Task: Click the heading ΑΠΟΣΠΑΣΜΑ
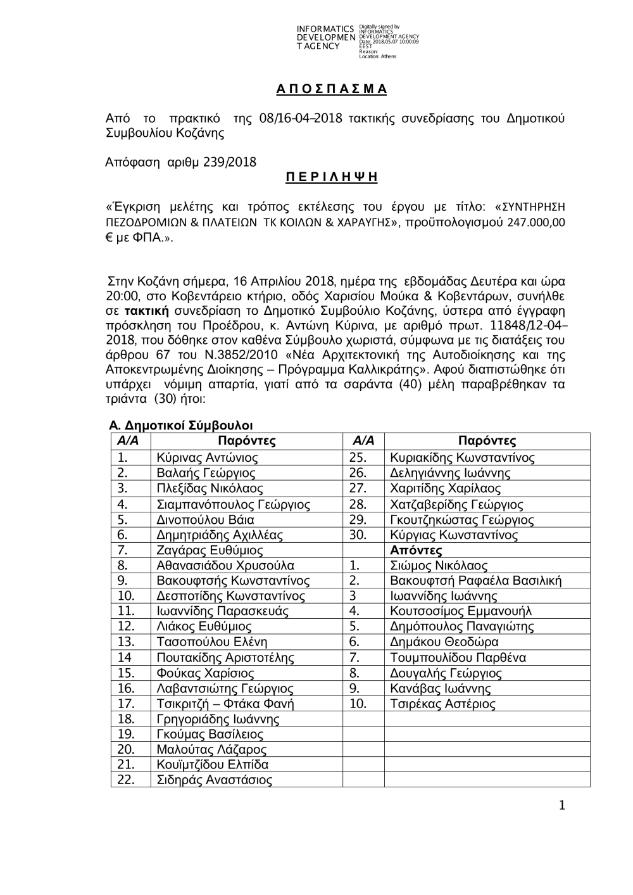click(x=331, y=89)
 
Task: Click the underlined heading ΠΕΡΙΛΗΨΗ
click(x=331, y=178)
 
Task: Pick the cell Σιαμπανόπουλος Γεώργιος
click(x=233, y=505)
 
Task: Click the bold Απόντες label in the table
click(x=416, y=550)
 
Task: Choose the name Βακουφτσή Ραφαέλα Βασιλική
click(x=475, y=581)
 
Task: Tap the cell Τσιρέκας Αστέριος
click(x=442, y=704)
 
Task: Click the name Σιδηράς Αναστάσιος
click(x=214, y=780)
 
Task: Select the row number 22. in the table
click(x=126, y=780)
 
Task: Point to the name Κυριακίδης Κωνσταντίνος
click(x=462, y=457)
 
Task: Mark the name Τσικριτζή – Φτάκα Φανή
click(x=225, y=704)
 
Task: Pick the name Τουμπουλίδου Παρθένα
click(x=458, y=658)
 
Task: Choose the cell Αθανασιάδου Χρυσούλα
click(x=225, y=566)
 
